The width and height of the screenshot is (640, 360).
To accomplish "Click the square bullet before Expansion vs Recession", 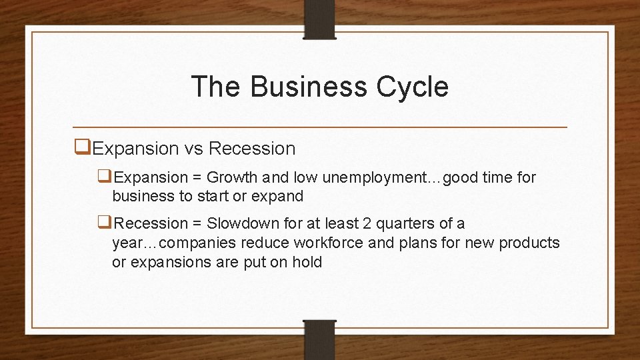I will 83,148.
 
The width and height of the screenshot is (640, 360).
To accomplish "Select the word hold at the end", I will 307,262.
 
